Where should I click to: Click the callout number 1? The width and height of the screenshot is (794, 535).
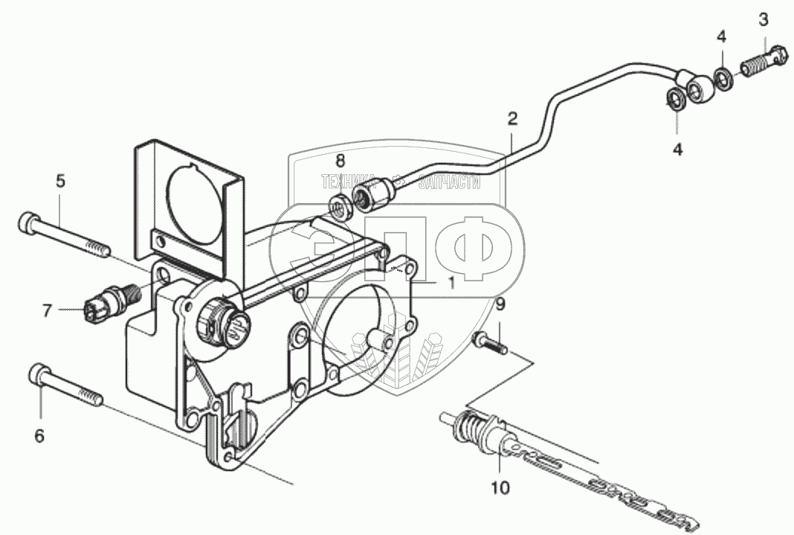[451, 283]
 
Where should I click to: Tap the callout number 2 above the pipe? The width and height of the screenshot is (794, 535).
[512, 118]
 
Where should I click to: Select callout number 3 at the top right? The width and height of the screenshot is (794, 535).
[763, 19]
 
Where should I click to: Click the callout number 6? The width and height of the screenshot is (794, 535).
[39, 435]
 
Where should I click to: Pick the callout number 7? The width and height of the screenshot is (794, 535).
[47, 310]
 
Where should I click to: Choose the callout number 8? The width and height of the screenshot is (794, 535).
[340, 160]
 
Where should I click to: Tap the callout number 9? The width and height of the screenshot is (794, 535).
[500, 304]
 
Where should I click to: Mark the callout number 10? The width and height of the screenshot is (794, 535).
[500, 487]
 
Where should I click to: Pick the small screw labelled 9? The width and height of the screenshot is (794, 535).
[488, 344]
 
